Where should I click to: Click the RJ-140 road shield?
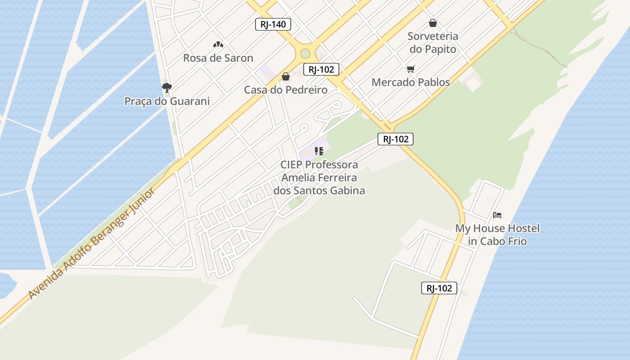click(x=273, y=24)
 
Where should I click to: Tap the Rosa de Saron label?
click(x=218, y=58)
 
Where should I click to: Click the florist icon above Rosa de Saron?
click(x=218, y=45)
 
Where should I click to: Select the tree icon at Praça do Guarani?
click(x=167, y=87)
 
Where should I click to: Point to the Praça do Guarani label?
click(x=167, y=101)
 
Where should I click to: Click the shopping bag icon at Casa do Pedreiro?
click(x=286, y=76)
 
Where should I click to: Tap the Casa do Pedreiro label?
click(x=286, y=90)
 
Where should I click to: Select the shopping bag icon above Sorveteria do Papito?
click(x=433, y=23)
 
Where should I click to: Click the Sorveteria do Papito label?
click(x=432, y=43)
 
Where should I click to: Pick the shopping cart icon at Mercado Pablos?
click(x=410, y=69)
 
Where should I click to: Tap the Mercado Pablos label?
click(x=410, y=82)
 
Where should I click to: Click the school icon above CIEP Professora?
click(x=319, y=151)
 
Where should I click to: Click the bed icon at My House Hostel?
click(x=497, y=215)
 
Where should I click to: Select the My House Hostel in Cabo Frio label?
click(x=497, y=234)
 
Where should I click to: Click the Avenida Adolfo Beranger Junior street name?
click(x=92, y=243)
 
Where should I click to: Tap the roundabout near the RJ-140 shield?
click(x=305, y=53)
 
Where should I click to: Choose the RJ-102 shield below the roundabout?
click(x=321, y=69)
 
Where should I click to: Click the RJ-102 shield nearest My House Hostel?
click(x=439, y=288)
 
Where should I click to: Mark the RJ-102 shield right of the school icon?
click(x=395, y=139)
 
